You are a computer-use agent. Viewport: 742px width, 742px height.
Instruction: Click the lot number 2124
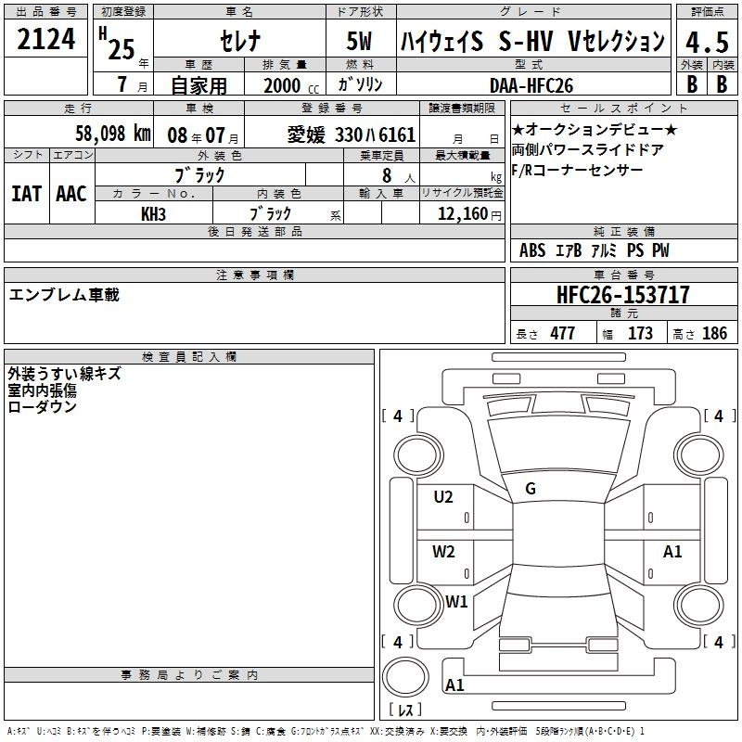[x=45, y=39]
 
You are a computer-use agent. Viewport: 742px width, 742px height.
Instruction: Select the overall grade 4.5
[x=707, y=42]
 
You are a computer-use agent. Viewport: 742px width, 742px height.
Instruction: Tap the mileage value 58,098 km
[x=112, y=134]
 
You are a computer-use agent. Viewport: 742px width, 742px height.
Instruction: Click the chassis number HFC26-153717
[x=622, y=294]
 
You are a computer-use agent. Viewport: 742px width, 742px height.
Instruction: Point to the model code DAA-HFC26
[x=531, y=85]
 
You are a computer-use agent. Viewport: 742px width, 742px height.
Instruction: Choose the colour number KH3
[x=153, y=214]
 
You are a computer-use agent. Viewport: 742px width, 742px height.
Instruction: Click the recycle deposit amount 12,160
[x=462, y=213]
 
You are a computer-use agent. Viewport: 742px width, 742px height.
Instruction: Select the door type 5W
[x=359, y=41]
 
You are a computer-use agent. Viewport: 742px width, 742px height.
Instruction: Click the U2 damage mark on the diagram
[x=443, y=497]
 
